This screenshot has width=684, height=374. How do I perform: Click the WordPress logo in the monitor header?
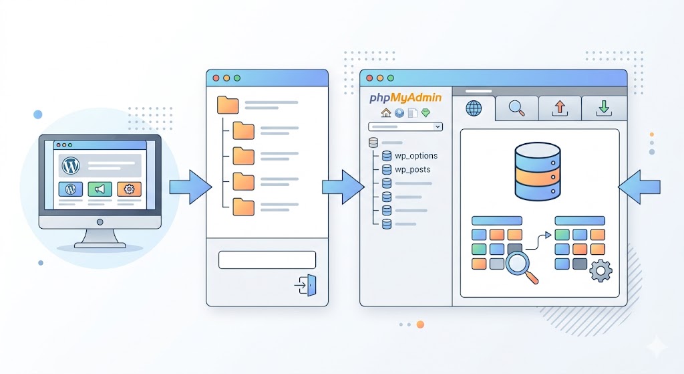[x=70, y=165]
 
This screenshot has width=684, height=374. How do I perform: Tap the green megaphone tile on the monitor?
[x=100, y=189]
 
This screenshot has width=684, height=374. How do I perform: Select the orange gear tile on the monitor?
[x=129, y=189]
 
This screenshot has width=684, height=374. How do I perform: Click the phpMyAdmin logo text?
[x=405, y=98]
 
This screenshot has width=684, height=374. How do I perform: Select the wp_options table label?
[x=416, y=156]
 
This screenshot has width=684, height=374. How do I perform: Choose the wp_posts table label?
[x=413, y=169]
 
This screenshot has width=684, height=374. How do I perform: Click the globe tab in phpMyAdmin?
[x=474, y=108]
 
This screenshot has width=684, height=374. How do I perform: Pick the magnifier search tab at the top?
[x=517, y=108]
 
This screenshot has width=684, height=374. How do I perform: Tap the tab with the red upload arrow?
[x=560, y=108]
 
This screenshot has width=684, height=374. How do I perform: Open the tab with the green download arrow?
[x=603, y=108]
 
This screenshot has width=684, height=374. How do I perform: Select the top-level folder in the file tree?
[x=228, y=105]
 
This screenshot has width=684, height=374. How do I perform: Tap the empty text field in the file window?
[x=267, y=260]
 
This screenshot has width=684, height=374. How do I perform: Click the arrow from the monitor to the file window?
[x=190, y=187]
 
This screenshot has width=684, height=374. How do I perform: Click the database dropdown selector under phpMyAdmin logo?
[x=405, y=126]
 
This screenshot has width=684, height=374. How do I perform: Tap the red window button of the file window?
[x=216, y=78]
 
